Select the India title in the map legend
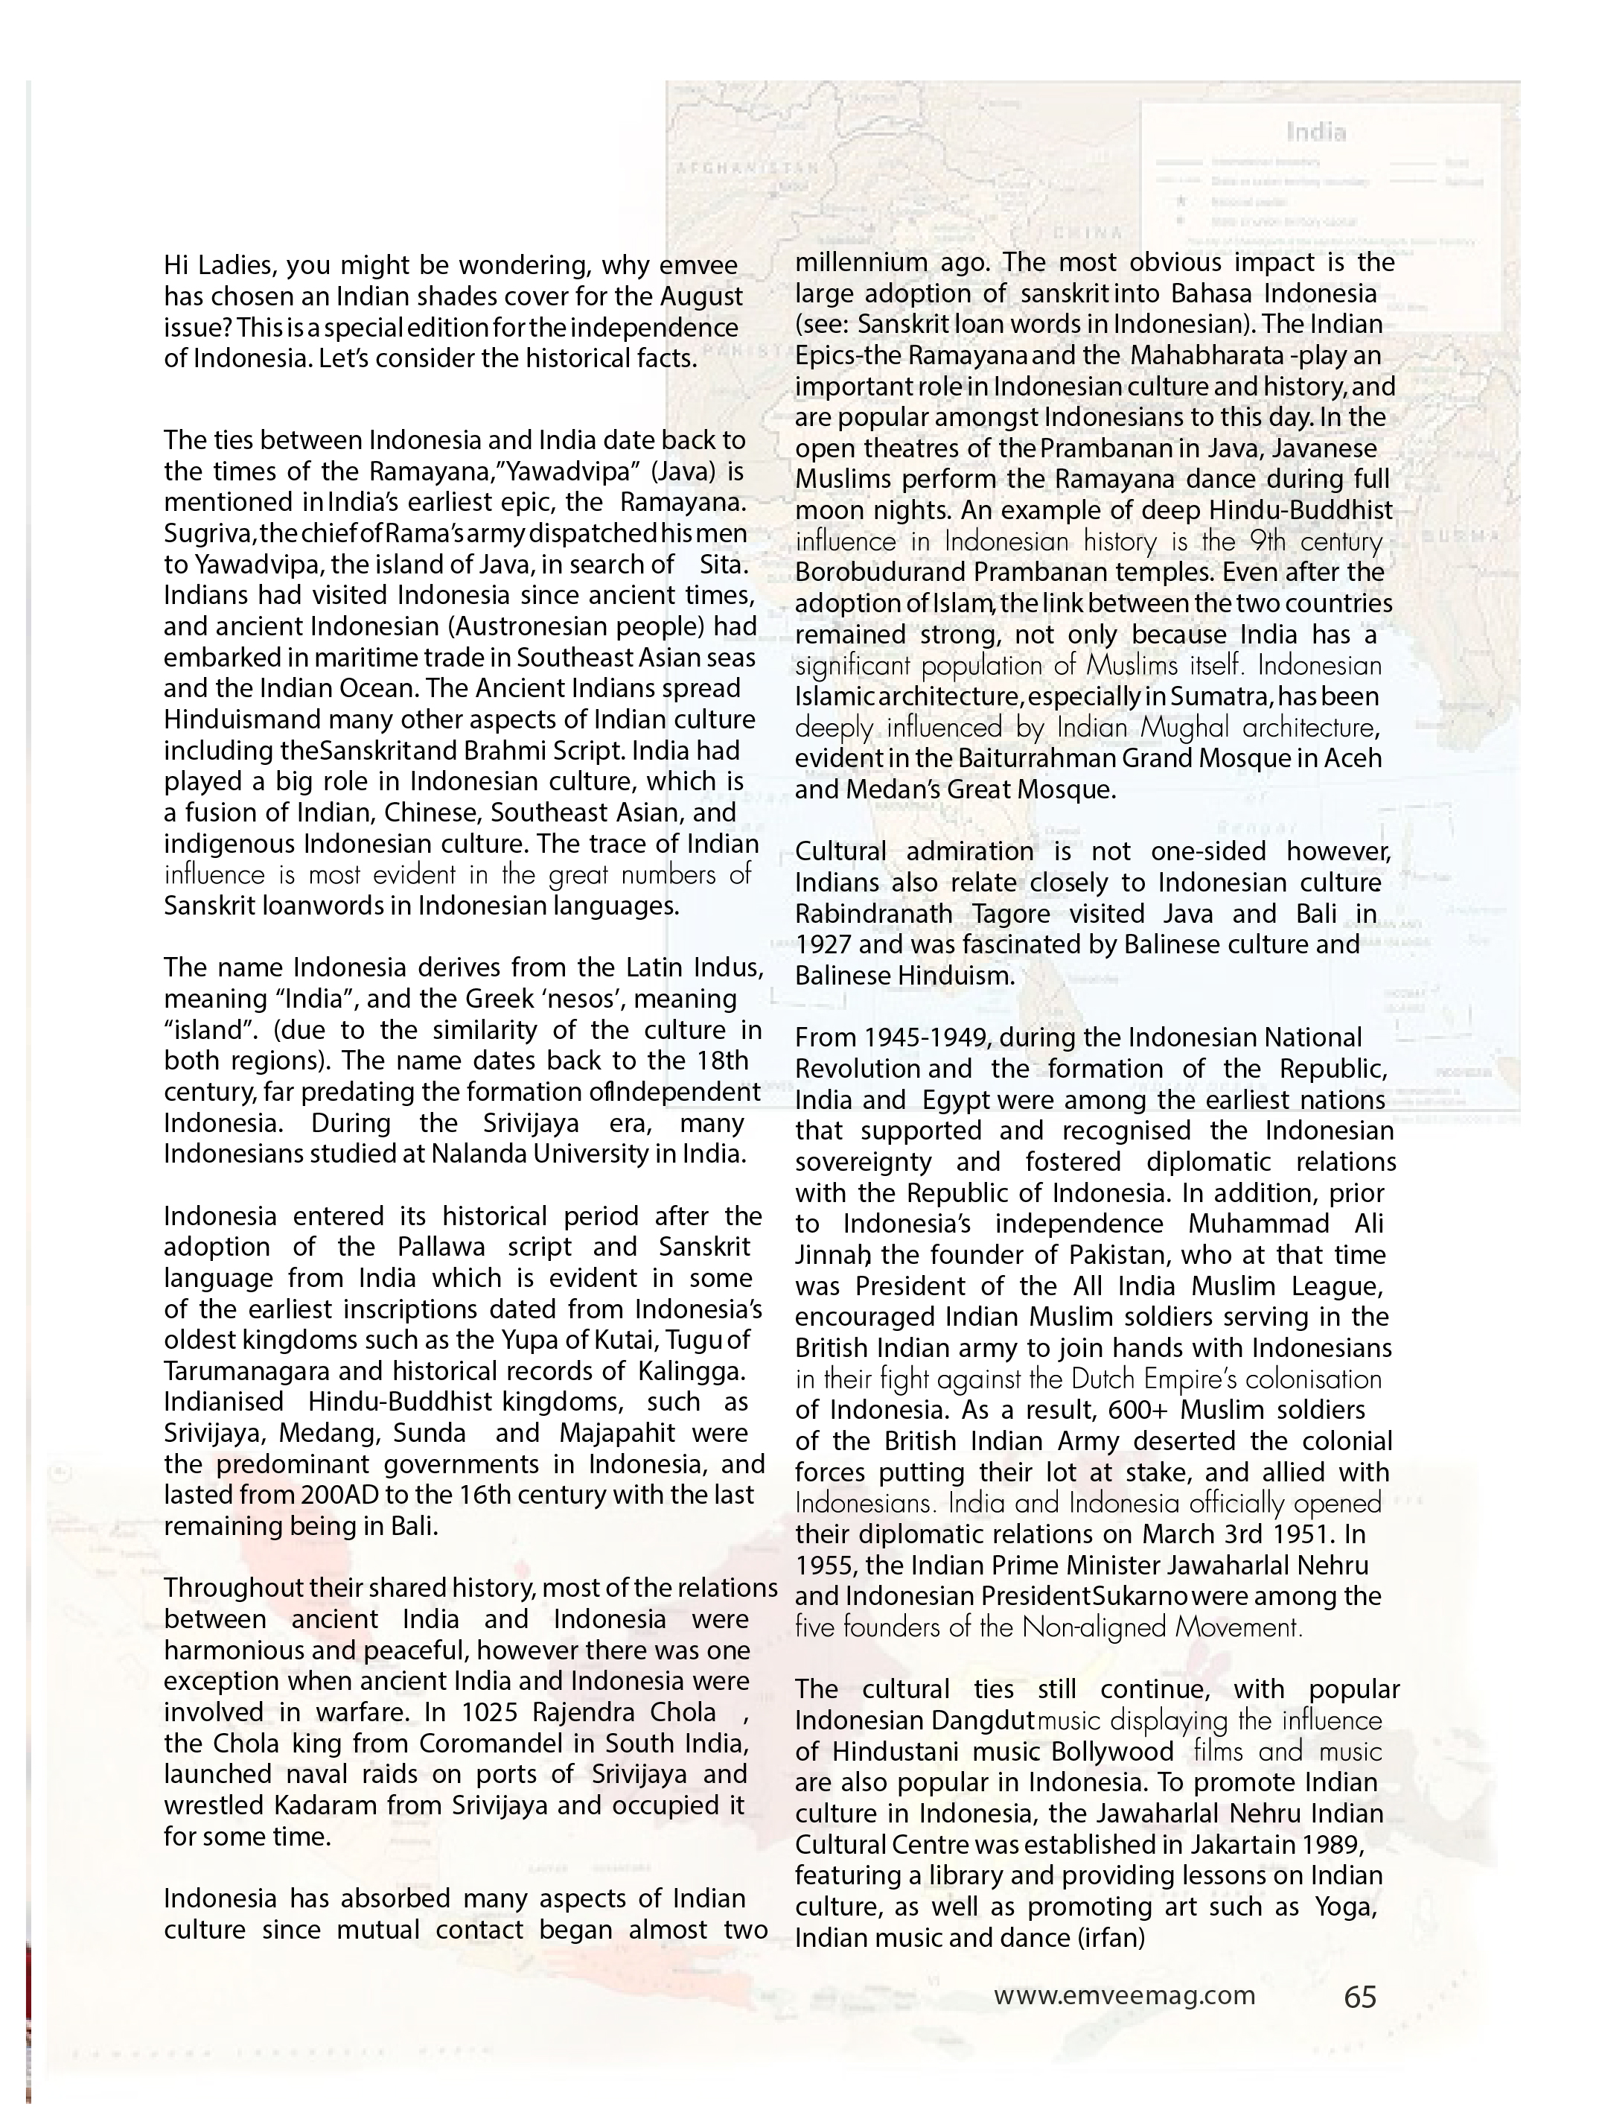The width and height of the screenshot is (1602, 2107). click(x=1316, y=132)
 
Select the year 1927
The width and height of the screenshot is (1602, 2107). click(x=827, y=945)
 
